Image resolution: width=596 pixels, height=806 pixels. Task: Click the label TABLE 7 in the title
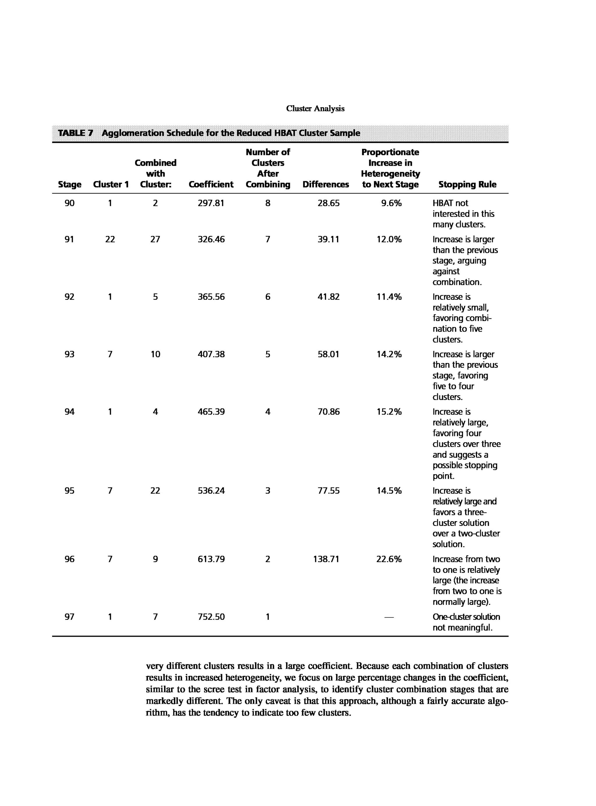click(x=75, y=133)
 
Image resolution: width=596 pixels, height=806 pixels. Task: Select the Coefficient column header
click(x=211, y=184)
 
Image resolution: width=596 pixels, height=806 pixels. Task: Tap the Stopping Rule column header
click(x=467, y=184)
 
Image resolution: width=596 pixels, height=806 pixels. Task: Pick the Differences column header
click(x=325, y=184)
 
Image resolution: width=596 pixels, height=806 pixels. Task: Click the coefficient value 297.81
click(x=211, y=203)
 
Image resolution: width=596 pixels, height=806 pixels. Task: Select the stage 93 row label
click(x=69, y=354)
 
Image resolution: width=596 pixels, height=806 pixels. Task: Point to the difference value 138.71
click(x=326, y=559)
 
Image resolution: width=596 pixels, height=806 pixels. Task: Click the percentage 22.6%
click(x=389, y=559)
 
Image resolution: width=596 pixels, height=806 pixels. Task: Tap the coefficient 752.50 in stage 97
click(x=211, y=617)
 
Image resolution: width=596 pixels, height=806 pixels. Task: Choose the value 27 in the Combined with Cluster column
click(x=155, y=239)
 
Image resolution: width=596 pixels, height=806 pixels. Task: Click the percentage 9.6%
click(x=391, y=203)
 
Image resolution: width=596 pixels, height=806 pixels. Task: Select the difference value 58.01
click(x=328, y=354)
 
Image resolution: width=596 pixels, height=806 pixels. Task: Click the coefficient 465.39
click(x=211, y=412)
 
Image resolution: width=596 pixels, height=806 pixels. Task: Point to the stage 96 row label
click(x=69, y=559)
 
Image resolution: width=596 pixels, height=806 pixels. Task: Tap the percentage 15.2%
click(x=389, y=412)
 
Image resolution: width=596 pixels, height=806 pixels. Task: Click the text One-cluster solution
click(x=466, y=617)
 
